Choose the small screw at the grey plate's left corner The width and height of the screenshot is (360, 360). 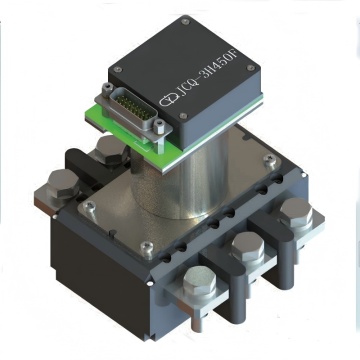[x=88, y=207]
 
